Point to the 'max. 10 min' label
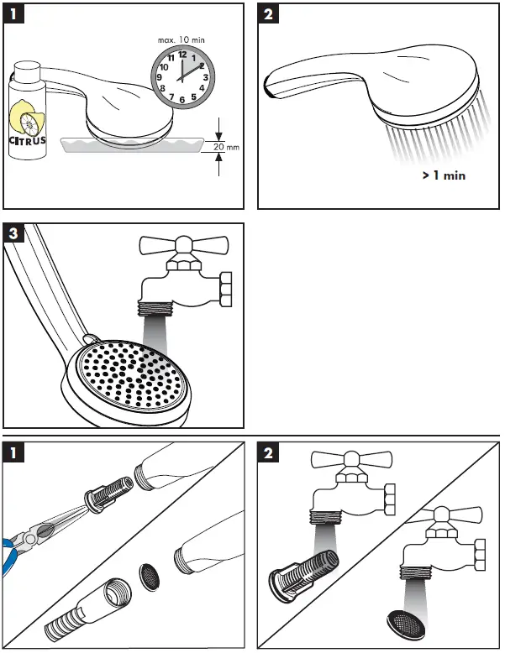point(181,39)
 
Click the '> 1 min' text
point(443,176)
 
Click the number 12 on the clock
point(181,55)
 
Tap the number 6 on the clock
point(182,99)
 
